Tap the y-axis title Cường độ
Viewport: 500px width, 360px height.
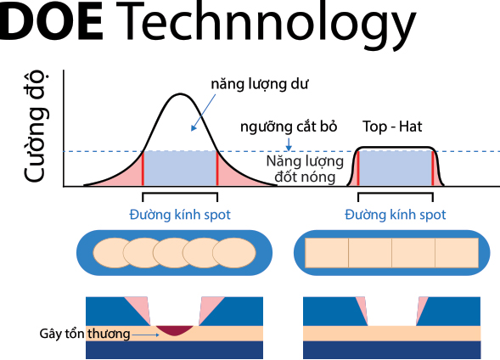pos(35,127)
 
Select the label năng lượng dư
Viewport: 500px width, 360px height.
pos(259,84)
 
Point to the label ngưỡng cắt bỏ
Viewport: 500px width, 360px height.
pos(289,127)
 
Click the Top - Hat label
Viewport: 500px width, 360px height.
pos(392,127)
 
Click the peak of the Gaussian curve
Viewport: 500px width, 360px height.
pos(180,93)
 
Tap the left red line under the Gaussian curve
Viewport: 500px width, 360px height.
pos(143,168)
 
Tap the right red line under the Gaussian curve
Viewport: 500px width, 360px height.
pos(217,168)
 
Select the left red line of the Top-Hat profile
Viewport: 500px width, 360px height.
pos(358,168)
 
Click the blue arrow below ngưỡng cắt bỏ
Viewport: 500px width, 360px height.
pos(289,144)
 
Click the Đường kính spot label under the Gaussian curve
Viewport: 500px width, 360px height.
pos(180,215)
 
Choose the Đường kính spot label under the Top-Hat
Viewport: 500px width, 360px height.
pos(395,215)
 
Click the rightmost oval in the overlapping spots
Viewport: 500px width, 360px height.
pos(234,253)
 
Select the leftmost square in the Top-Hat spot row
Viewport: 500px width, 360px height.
pos(327,253)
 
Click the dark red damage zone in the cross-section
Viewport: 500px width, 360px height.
pos(175,330)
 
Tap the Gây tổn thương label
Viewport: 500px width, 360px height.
pos(85,334)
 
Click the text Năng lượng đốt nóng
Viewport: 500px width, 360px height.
pos(305,169)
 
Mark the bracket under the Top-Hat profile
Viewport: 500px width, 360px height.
pos(396,194)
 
